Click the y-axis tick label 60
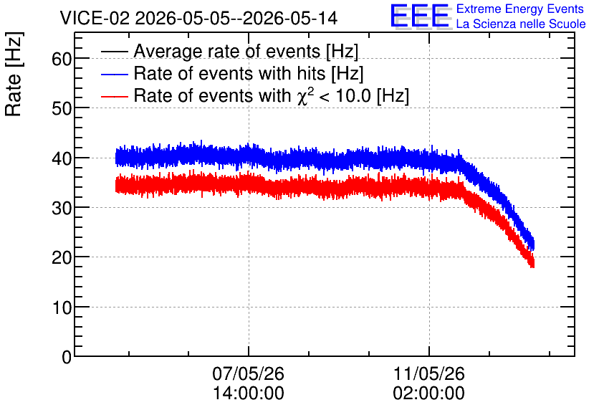pyautogui.click(x=62, y=59)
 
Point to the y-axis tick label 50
pyautogui.click(x=62, y=108)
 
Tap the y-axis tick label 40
pyautogui.click(x=62, y=158)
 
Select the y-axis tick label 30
pyautogui.click(x=62, y=209)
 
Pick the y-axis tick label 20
pyautogui.click(x=62, y=258)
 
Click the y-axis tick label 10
pyautogui.click(x=62, y=307)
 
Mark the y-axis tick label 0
pyautogui.click(x=67, y=357)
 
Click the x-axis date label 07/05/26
pyautogui.click(x=249, y=373)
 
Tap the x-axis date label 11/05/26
pyautogui.click(x=429, y=373)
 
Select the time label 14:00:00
pyautogui.click(x=249, y=394)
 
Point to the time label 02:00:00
pyautogui.click(x=429, y=394)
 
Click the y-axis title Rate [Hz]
pyautogui.click(x=14, y=74)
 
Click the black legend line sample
pyautogui.click(x=114, y=51)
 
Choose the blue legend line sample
pyautogui.click(x=114, y=74)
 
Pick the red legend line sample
pyautogui.click(x=114, y=96)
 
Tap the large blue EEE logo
pyautogui.click(x=420, y=16)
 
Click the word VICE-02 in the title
pyautogui.click(x=95, y=18)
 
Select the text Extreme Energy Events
pyautogui.click(x=520, y=9)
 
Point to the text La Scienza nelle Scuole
pyautogui.click(x=521, y=24)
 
